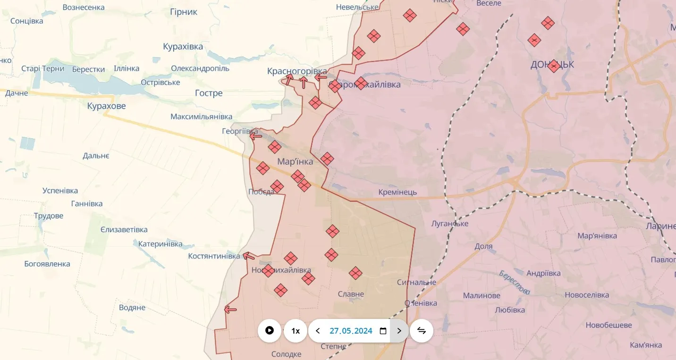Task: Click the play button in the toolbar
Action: click(x=270, y=331)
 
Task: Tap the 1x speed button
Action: click(x=296, y=331)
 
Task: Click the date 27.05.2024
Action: click(x=351, y=331)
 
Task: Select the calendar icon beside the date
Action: click(x=383, y=331)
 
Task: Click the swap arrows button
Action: click(x=422, y=331)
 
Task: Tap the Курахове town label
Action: click(x=107, y=106)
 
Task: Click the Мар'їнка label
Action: click(x=295, y=162)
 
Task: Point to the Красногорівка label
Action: click(x=297, y=71)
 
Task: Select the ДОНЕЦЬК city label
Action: click(x=552, y=65)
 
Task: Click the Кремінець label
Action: click(x=397, y=193)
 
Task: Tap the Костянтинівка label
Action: click(x=214, y=256)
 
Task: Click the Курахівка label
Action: click(x=183, y=47)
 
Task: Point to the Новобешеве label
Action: click(x=608, y=325)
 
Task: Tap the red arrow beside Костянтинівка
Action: click(x=249, y=256)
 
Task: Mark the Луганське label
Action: click(x=449, y=224)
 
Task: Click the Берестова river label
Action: click(x=514, y=283)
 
